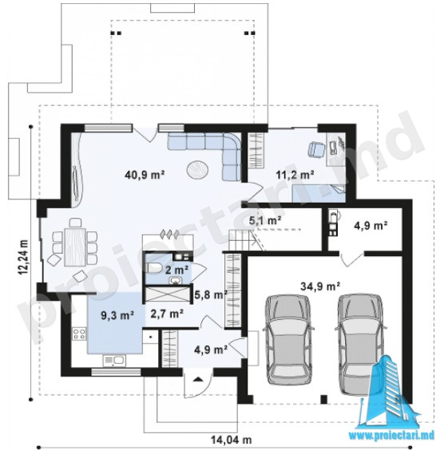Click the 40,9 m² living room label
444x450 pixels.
tap(145, 175)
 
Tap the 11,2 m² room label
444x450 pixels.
tap(295, 175)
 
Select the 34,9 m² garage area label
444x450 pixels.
tap(320, 286)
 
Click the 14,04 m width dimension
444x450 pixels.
tap(232, 439)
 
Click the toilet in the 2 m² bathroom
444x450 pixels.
tap(154, 268)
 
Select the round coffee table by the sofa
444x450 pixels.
tap(197, 170)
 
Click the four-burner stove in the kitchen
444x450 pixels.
tap(79, 334)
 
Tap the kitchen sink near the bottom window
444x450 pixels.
tap(114, 360)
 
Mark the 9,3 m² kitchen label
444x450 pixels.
tap(117, 315)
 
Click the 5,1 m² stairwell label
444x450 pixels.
tap(265, 220)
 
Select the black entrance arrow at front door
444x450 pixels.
tap(197, 379)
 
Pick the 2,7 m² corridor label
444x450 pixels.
tap(167, 314)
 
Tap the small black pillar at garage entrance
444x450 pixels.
tap(323, 399)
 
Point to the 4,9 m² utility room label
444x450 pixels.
tap(371, 226)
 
